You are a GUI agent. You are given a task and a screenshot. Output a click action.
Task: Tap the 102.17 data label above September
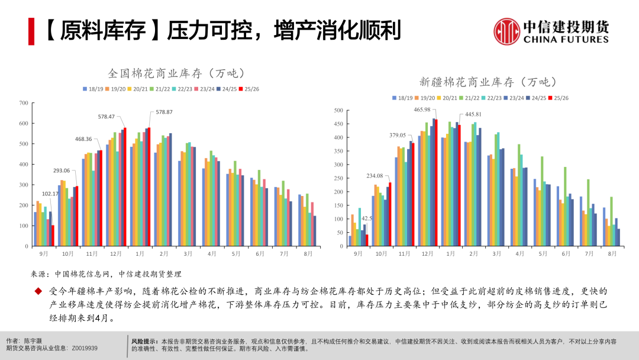(50, 194)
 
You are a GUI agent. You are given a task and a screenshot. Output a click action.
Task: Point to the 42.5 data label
(367, 218)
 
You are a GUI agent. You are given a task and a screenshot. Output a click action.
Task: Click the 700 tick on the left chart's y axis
(24, 103)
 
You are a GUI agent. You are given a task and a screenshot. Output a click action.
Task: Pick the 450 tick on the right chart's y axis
(339, 124)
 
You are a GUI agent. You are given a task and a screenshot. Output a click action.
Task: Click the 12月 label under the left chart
(115, 254)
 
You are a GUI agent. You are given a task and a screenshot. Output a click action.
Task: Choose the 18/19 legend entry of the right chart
(402, 98)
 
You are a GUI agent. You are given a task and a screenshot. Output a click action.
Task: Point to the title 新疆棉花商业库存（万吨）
(488, 82)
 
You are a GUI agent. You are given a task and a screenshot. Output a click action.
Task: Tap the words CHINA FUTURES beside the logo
(566, 40)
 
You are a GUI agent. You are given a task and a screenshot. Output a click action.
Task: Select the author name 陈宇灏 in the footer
(33, 341)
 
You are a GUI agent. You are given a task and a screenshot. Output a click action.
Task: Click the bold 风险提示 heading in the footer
(144, 341)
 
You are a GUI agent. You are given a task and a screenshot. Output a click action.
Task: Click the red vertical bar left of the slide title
(31, 31)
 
